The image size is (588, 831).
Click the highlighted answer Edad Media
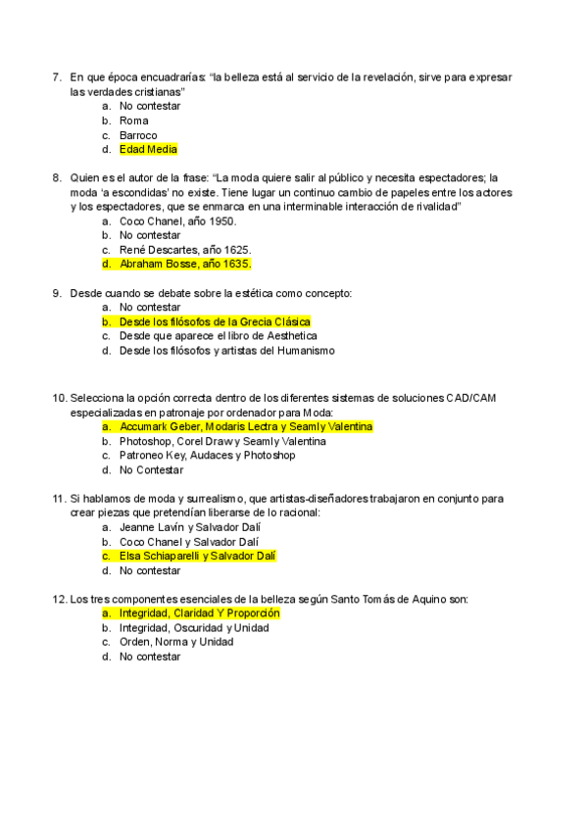tap(148, 150)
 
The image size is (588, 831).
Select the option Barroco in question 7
tap(138, 135)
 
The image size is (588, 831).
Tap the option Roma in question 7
tap(134, 121)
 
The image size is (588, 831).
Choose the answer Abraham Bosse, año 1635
tap(185, 264)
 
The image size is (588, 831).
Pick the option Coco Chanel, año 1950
tap(177, 220)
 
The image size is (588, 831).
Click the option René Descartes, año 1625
tap(184, 250)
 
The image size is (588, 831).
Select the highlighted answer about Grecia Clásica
tap(215, 321)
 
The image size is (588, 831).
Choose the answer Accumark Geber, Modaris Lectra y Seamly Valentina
tap(246, 427)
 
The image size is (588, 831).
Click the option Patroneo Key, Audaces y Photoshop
tap(207, 456)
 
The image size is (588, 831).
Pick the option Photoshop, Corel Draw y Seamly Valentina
tap(222, 441)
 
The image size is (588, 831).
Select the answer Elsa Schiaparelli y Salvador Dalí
tap(198, 556)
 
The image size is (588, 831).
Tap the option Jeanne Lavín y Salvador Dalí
tap(188, 527)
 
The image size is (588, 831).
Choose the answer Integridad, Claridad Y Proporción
tap(199, 613)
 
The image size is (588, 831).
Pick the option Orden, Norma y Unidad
tap(176, 642)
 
